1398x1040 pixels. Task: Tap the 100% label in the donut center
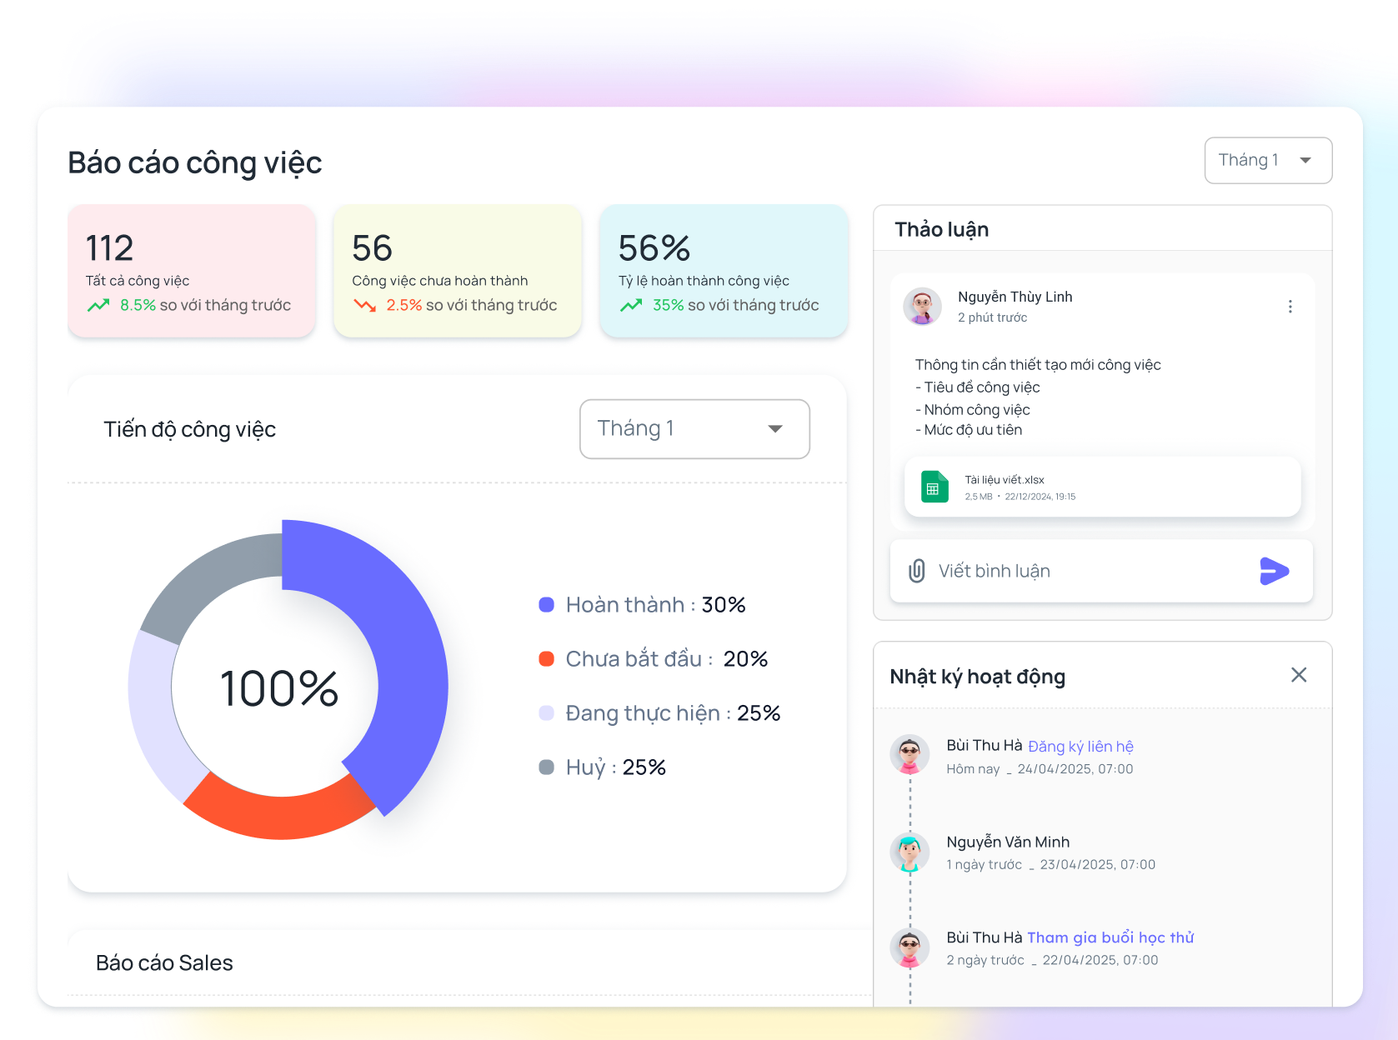click(x=279, y=689)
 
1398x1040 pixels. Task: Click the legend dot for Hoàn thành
click(x=547, y=605)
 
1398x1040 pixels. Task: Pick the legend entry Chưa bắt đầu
click(x=639, y=659)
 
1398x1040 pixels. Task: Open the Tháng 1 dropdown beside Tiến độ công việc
click(x=694, y=429)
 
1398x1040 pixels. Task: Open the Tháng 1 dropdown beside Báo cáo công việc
click(x=1267, y=160)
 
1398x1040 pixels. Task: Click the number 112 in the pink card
click(x=109, y=248)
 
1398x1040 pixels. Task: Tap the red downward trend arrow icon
click(x=364, y=306)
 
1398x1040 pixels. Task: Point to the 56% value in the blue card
click(x=654, y=248)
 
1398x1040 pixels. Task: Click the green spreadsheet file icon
click(x=935, y=487)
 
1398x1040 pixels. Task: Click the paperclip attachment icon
click(x=916, y=571)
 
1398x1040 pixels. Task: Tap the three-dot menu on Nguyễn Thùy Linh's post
click(x=1290, y=307)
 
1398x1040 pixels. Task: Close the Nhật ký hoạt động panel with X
click(x=1298, y=675)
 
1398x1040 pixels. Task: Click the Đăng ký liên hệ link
click(x=1080, y=747)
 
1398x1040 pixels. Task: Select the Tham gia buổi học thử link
click(x=1110, y=937)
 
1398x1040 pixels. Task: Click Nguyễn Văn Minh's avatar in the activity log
click(x=909, y=852)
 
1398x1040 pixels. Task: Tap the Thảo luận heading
click(x=941, y=230)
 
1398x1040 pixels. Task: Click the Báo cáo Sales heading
click(x=164, y=963)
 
